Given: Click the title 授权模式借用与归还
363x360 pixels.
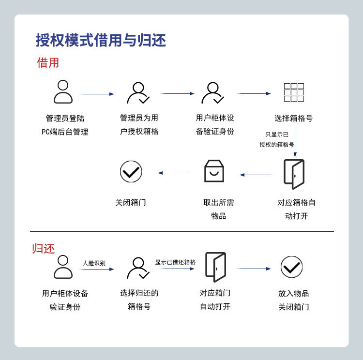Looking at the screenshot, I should click(101, 40).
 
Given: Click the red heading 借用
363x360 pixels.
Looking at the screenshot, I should click(48, 63).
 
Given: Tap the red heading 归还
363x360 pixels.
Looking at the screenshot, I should click(44, 249).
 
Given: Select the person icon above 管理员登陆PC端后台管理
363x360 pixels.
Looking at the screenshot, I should click(63, 92).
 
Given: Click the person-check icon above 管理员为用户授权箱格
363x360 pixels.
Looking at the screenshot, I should click(138, 93).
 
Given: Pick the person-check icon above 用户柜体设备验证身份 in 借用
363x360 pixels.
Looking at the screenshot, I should click(212, 93).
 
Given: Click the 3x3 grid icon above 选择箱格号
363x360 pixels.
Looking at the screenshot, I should click(294, 92).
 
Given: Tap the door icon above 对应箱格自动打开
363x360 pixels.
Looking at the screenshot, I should click(294, 174).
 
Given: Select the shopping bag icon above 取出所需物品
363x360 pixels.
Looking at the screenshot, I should click(214, 171).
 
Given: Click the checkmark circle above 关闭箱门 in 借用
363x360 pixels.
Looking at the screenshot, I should click(131, 171).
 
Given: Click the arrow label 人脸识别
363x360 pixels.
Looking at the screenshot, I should click(94, 263).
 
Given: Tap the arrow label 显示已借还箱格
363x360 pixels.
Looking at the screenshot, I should click(175, 262).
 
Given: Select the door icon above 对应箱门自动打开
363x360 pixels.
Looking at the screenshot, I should click(215, 267).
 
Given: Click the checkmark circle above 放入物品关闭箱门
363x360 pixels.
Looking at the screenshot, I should click(291, 267).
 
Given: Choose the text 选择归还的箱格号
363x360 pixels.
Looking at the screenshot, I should click(139, 300).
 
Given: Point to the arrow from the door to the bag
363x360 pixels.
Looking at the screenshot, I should click(257, 175).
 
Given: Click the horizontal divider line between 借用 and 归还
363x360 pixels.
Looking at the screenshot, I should click(181, 231).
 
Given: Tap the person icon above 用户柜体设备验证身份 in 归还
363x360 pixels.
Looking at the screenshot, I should click(63, 267).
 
